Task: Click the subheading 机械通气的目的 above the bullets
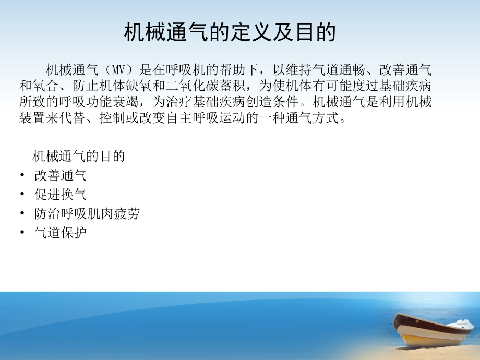(x=79, y=156)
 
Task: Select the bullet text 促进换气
(x=61, y=195)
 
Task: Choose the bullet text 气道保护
(x=61, y=233)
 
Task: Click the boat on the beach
(x=433, y=329)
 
